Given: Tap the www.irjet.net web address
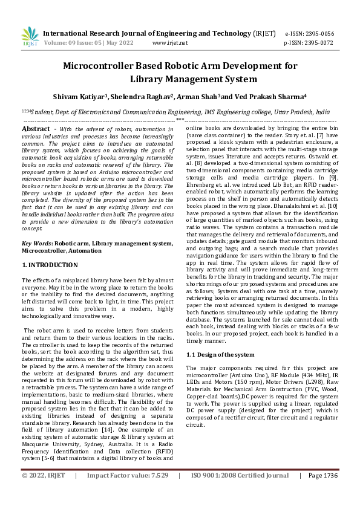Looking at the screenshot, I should [170, 43].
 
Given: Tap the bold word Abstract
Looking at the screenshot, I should [35, 129].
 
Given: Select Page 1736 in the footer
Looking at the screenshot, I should [322, 493].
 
